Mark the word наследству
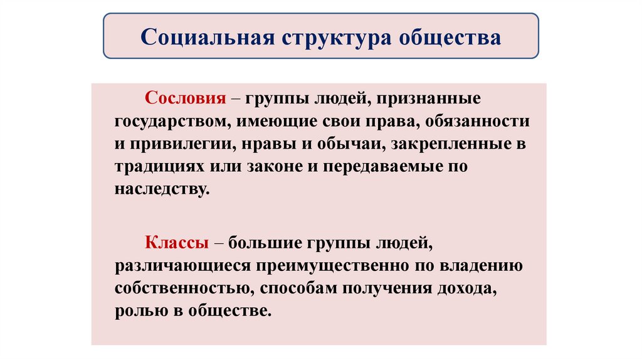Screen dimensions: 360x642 (x=160, y=189)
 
